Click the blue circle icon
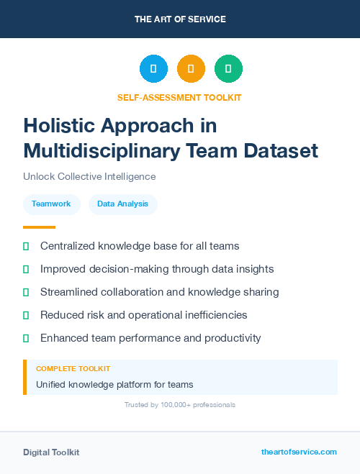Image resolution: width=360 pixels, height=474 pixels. click(153, 68)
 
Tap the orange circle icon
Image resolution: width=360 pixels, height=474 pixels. click(191, 68)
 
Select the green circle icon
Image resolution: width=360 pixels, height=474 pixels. click(228, 68)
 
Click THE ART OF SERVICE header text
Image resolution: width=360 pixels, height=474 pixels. click(180, 19)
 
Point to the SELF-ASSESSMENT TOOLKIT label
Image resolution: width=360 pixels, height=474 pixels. click(179, 97)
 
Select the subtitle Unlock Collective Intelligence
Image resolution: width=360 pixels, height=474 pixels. click(89, 176)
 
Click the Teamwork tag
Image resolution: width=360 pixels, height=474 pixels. click(51, 204)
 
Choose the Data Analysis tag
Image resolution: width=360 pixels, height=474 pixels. click(122, 204)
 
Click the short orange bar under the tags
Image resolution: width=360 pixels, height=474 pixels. click(39, 227)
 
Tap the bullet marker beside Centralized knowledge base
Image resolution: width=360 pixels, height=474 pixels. click(26, 246)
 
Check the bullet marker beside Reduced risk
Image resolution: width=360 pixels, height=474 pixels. click(26, 315)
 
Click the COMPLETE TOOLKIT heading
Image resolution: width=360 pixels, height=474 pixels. click(73, 368)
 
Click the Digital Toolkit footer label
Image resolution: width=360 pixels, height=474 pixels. click(51, 452)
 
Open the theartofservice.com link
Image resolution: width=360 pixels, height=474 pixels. click(299, 452)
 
